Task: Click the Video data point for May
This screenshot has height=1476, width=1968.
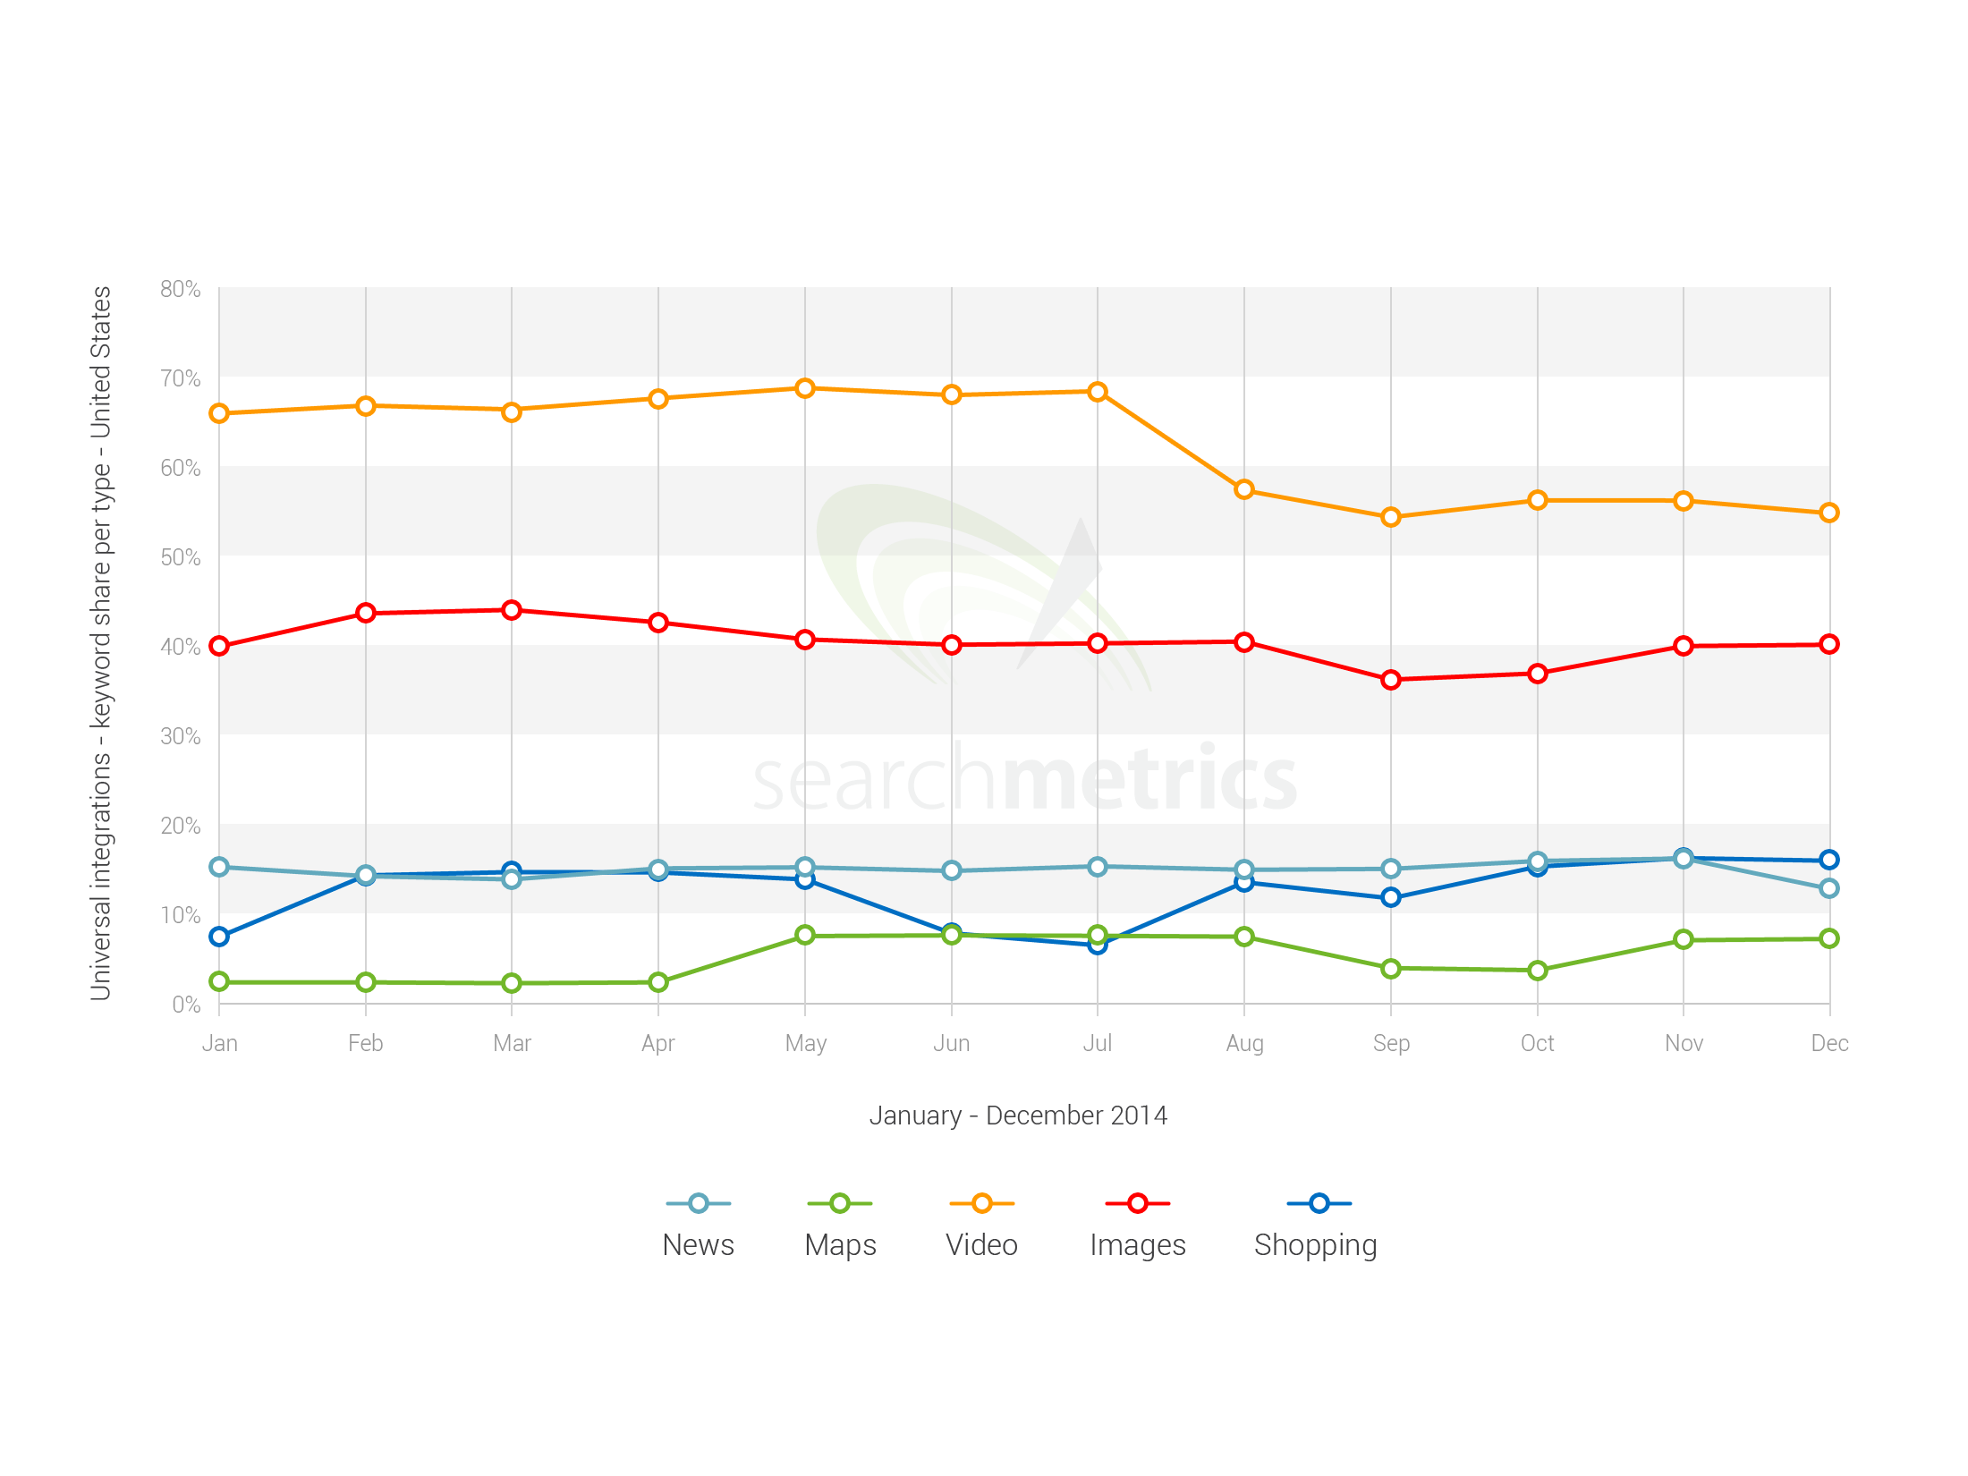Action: tap(805, 388)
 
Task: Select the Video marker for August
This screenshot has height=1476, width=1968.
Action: tap(1244, 489)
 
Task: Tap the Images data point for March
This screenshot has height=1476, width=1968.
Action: tap(512, 610)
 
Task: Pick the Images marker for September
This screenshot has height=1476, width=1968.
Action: tap(1391, 680)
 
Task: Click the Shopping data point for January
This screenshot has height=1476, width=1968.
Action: tap(219, 937)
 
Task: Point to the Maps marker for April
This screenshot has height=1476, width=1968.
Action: tap(658, 982)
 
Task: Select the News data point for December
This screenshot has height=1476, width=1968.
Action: tap(1829, 888)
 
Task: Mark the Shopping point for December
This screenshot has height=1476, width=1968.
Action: tap(1829, 860)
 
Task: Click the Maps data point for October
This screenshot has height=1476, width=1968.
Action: tap(1538, 971)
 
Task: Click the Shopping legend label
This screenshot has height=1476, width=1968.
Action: tap(1315, 1244)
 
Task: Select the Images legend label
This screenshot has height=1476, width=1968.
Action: tap(1137, 1244)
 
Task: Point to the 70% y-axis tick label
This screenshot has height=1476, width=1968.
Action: tap(180, 378)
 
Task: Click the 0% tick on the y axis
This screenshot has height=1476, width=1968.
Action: tap(186, 1005)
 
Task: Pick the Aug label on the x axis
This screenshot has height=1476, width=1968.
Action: tap(1244, 1043)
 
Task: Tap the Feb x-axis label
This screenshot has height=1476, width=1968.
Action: tap(365, 1043)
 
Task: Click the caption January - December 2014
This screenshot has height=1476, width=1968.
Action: tap(1018, 1115)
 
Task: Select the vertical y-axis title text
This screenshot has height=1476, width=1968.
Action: tap(101, 644)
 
